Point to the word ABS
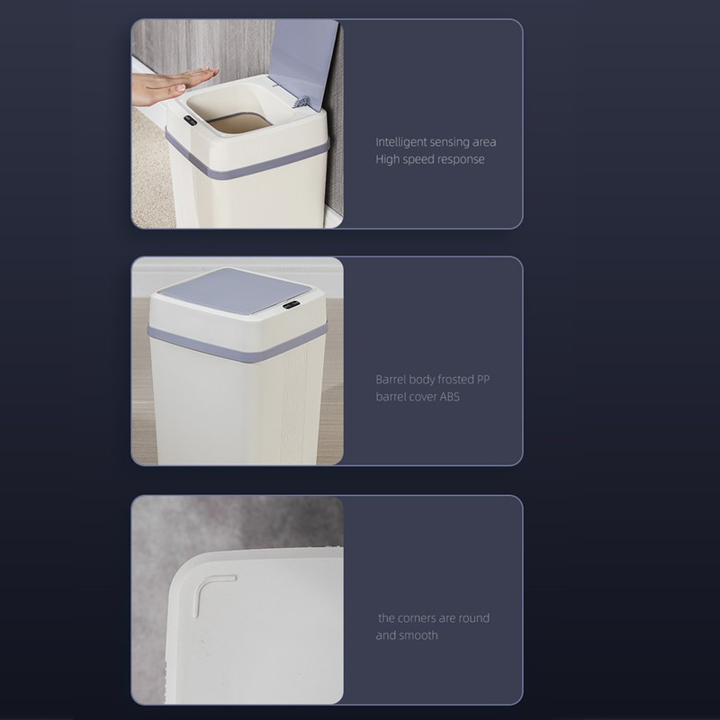click(450, 397)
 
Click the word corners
click(418, 618)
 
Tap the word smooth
click(418, 635)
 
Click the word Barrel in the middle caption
click(391, 380)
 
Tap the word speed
click(420, 159)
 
